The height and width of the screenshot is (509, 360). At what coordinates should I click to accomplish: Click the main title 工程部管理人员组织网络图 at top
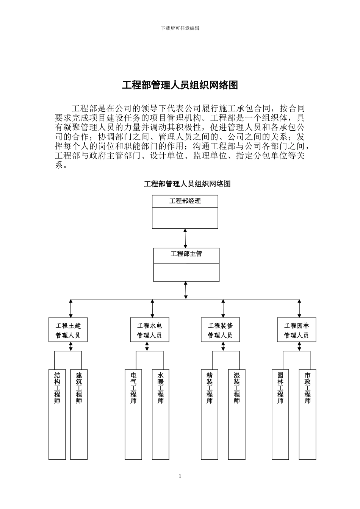tap(180, 85)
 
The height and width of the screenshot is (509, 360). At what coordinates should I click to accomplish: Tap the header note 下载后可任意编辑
tap(180, 28)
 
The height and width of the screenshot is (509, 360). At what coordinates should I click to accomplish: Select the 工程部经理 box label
tap(185, 201)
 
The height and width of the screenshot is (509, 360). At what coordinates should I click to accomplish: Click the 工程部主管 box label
tap(186, 254)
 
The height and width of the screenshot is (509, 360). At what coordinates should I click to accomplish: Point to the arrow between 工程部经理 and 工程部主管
tap(185, 238)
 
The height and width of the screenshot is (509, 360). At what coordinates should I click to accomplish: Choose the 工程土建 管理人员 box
tap(68, 330)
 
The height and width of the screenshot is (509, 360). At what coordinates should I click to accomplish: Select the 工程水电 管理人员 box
tap(149, 330)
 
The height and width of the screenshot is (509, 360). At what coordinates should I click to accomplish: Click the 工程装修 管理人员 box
tap(220, 330)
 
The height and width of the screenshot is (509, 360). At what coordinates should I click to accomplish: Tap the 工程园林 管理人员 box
tap(297, 330)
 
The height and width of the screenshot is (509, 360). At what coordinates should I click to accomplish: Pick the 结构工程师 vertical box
tap(57, 414)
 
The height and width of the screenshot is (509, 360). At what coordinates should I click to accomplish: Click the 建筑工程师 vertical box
tap(79, 414)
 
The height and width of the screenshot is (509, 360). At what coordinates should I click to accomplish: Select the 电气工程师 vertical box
tap(133, 414)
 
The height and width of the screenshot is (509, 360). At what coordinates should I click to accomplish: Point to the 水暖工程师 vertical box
tap(160, 414)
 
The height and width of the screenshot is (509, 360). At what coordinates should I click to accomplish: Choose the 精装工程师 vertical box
tap(210, 414)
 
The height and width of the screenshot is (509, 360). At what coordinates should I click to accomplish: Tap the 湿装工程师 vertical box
tap(237, 414)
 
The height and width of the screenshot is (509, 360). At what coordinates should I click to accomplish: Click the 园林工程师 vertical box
tap(280, 414)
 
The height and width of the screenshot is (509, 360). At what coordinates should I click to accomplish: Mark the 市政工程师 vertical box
tap(307, 414)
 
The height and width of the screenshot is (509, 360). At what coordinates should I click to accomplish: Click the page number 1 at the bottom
tap(180, 476)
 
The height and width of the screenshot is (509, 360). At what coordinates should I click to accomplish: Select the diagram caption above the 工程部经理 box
tap(187, 184)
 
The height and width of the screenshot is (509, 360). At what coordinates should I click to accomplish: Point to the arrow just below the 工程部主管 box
tap(186, 290)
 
